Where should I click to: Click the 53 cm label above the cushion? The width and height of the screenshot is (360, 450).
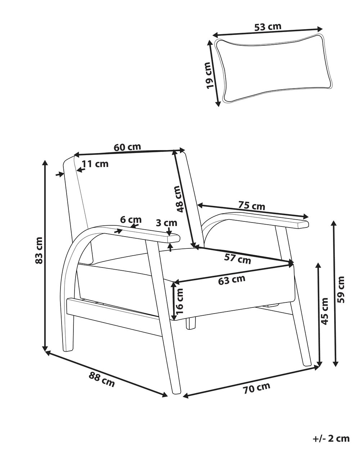click(x=267, y=27)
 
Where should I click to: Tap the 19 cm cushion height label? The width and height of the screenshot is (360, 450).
click(x=209, y=76)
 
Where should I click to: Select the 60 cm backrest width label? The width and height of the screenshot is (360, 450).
click(x=127, y=147)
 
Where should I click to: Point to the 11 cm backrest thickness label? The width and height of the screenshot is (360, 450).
click(x=95, y=164)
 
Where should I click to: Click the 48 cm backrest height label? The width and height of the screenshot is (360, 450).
click(x=179, y=199)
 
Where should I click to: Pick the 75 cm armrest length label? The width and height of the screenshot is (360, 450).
click(x=252, y=206)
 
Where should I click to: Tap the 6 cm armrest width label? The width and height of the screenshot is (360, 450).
click(x=131, y=220)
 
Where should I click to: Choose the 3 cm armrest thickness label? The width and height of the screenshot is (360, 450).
click(x=167, y=223)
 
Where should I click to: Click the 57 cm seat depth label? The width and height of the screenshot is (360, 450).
click(x=238, y=259)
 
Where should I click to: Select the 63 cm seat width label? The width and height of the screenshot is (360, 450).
click(x=231, y=280)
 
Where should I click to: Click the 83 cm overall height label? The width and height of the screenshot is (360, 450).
click(x=39, y=250)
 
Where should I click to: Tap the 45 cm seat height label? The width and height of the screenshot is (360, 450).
click(x=324, y=311)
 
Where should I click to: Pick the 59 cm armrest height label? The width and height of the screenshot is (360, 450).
click(x=341, y=289)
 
